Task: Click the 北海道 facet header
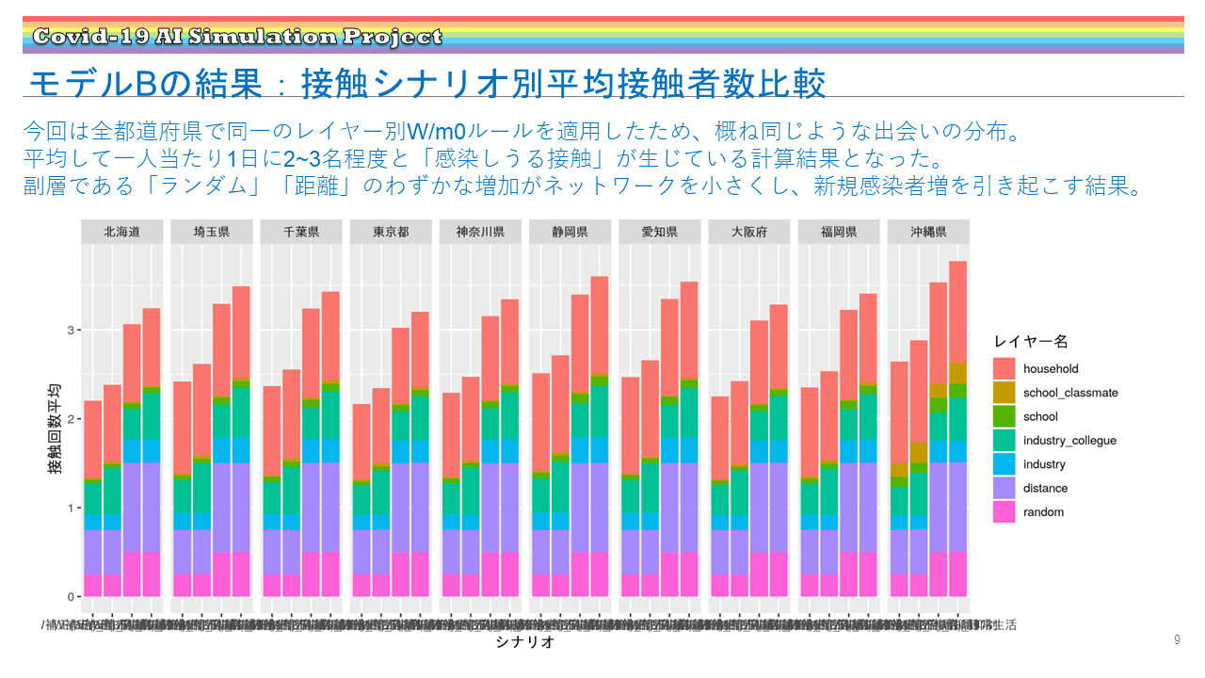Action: (x=121, y=232)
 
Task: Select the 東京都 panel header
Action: (x=391, y=232)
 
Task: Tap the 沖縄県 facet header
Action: (x=928, y=232)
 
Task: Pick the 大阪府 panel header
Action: (x=750, y=232)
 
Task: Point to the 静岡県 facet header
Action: (x=570, y=232)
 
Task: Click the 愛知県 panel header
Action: (x=660, y=232)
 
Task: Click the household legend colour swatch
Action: (x=1004, y=369)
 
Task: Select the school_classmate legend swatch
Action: (x=1004, y=393)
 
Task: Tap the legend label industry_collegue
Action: (x=1069, y=441)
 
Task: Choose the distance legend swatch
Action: (x=1004, y=488)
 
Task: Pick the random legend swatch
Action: (x=1004, y=512)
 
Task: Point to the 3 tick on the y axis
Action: (x=69, y=331)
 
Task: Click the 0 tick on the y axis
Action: (x=69, y=597)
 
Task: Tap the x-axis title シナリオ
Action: (x=524, y=643)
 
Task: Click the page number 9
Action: (x=1177, y=640)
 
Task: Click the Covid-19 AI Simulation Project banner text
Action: (x=236, y=37)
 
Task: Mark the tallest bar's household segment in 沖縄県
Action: (x=957, y=312)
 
